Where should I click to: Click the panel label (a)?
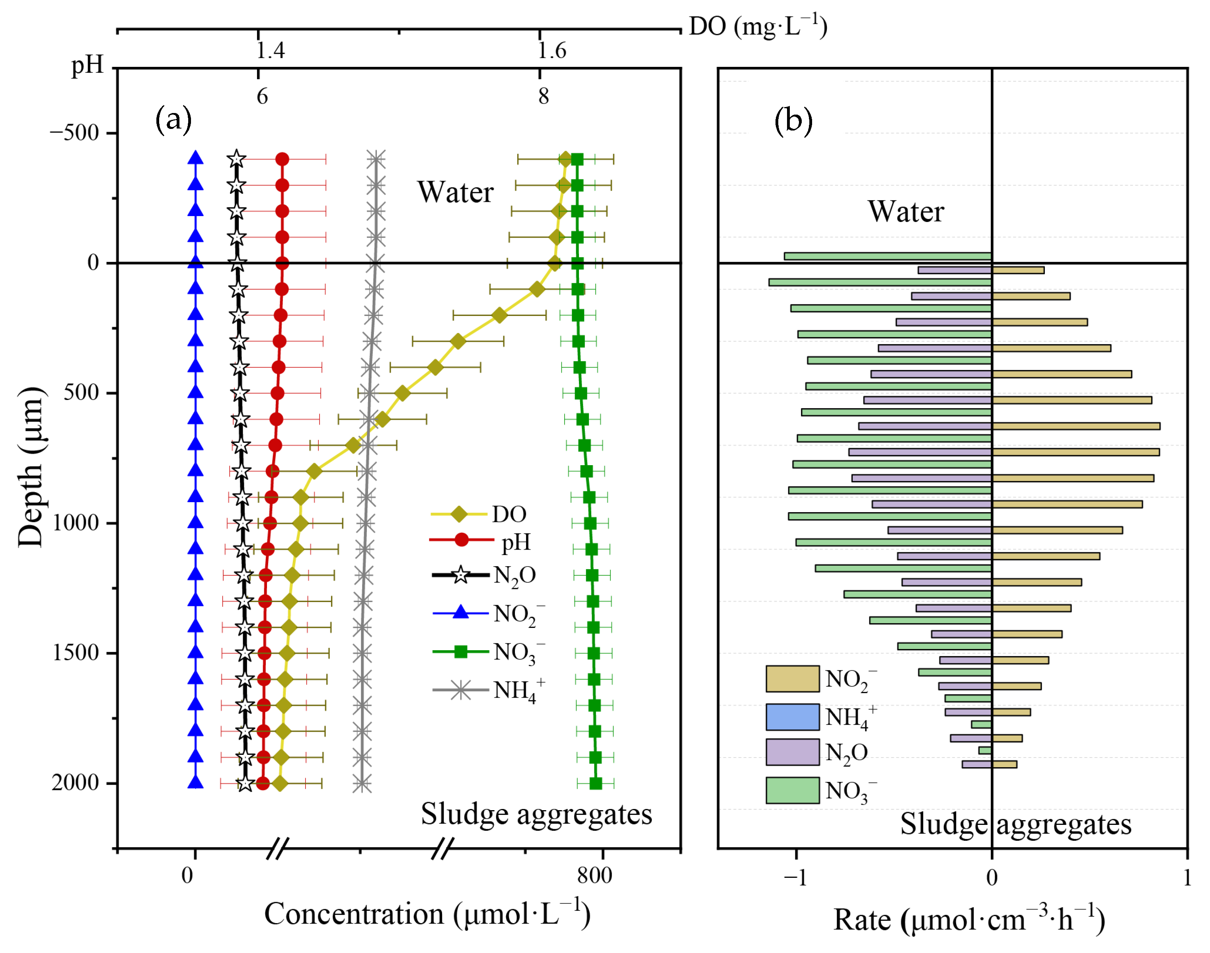pos(173,119)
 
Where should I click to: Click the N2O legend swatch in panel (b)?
pos(792,752)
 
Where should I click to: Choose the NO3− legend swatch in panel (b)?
pos(792,790)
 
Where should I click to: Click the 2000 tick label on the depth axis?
pos(75,783)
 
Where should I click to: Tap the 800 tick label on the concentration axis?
pos(595,875)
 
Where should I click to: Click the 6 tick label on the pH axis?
pos(262,97)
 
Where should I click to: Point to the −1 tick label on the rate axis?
pos(795,878)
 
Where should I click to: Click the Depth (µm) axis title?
pos(30,466)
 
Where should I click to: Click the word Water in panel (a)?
pos(455,193)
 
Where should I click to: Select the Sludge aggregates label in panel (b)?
pos(1015,824)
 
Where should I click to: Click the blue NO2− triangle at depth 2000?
pos(195,782)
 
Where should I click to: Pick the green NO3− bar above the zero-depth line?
pos(888,256)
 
